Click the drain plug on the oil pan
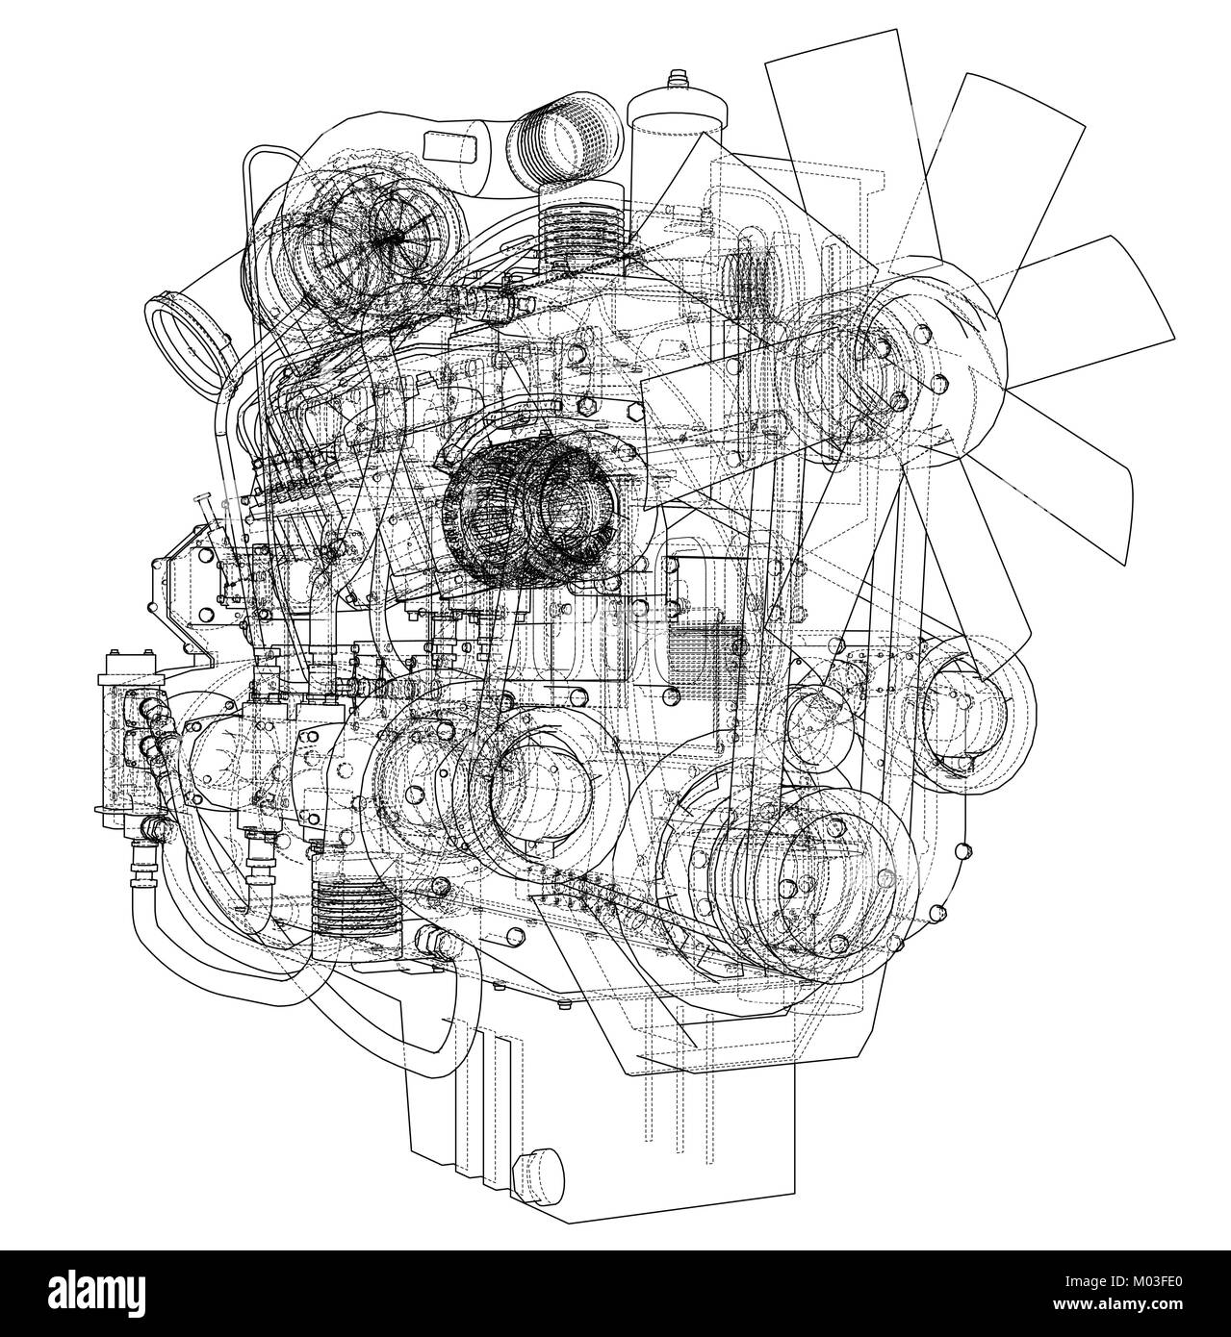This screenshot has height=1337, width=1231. coord(535,1172)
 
